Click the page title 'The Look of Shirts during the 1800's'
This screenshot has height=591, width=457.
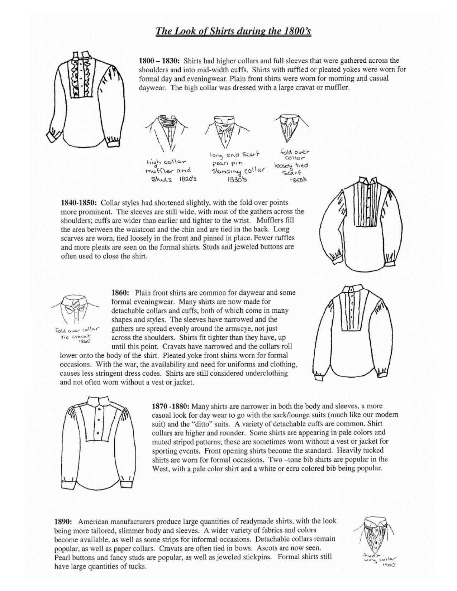tap(233, 31)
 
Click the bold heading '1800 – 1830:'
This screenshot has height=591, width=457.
tap(160, 60)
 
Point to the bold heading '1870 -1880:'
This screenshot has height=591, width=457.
tap(171, 406)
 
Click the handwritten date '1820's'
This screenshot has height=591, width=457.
tap(188, 179)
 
